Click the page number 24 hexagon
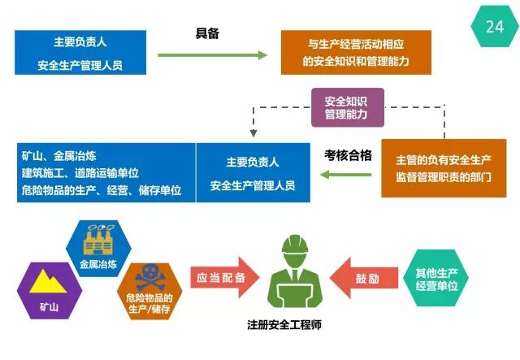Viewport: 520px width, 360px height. point(494,27)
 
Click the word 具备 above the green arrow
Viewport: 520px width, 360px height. point(208,34)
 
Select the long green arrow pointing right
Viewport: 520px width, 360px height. point(212,55)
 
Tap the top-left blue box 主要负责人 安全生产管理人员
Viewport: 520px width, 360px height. point(80,52)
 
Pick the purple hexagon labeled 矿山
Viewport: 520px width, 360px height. point(47,289)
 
